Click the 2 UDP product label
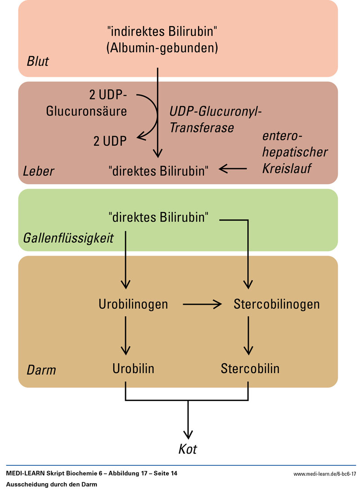tap(110, 141)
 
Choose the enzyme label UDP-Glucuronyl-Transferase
tap(215, 119)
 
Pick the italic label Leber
tap(39, 171)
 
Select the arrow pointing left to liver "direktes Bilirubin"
tap(233, 169)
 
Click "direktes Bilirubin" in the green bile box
tap(159, 218)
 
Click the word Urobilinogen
tap(133, 304)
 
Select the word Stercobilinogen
tap(277, 304)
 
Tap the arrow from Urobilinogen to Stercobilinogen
tap(202, 304)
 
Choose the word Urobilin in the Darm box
tap(133, 369)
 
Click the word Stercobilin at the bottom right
tap(250, 369)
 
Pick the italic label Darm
tap(41, 370)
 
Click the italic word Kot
tap(188, 449)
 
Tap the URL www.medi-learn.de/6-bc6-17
tap(324, 474)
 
